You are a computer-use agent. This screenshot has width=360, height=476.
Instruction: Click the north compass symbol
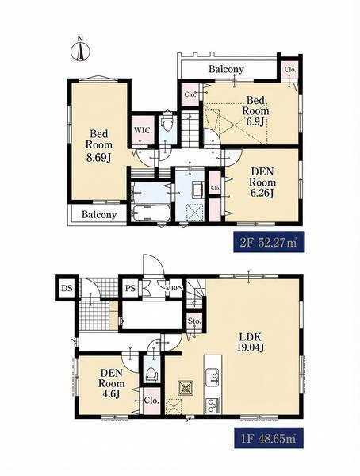(80, 51)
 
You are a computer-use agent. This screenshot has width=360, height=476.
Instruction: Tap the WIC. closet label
(143, 130)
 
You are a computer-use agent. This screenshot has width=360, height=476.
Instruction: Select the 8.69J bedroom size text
(99, 158)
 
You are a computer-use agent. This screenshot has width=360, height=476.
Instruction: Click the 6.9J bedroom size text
(255, 121)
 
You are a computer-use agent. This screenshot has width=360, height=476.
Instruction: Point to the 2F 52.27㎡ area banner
(268, 242)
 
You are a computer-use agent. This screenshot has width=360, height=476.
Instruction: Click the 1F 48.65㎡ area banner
(268, 439)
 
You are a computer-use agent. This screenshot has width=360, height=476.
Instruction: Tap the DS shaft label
(67, 287)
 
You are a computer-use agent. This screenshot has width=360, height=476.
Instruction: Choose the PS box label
(131, 287)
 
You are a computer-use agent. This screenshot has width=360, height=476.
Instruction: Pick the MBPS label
(174, 288)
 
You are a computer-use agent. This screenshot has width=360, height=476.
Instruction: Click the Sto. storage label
(194, 321)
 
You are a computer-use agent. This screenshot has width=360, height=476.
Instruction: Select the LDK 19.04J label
(251, 342)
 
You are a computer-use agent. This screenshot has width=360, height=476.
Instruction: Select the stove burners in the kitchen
(213, 405)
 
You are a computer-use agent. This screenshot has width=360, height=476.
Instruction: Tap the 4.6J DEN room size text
(113, 393)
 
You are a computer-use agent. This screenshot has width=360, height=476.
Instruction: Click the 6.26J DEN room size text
(262, 193)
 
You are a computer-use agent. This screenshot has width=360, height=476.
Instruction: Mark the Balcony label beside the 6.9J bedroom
(226, 69)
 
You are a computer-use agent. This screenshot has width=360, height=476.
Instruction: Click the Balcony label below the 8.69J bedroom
(99, 215)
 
